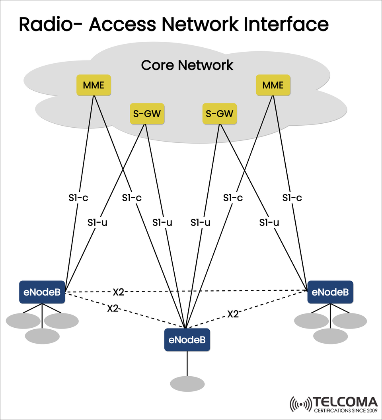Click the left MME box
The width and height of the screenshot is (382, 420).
click(x=94, y=85)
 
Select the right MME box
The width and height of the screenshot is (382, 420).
click(x=273, y=85)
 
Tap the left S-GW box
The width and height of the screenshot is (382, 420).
click(x=147, y=114)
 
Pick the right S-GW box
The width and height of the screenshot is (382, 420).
click(x=220, y=114)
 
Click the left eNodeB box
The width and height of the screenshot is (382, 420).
click(x=42, y=292)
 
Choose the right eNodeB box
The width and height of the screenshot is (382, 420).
click(x=330, y=292)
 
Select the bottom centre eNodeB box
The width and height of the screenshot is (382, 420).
click(x=187, y=340)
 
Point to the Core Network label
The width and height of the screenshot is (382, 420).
click(x=187, y=65)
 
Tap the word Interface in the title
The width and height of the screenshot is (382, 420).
click(x=286, y=25)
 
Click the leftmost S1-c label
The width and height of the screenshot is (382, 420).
click(x=78, y=198)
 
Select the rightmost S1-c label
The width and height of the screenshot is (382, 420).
click(x=292, y=198)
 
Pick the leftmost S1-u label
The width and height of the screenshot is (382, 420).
click(x=97, y=223)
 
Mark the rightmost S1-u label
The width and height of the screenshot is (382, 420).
click(x=269, y=223)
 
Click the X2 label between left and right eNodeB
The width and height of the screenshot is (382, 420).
click(x=118, y=292)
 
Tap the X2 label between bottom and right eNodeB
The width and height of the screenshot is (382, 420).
click(x=233, y=314)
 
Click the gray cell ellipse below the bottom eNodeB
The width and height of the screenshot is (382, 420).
click(x=187, y=384)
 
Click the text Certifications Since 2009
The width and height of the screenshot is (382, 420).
click(x=345, y=411)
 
